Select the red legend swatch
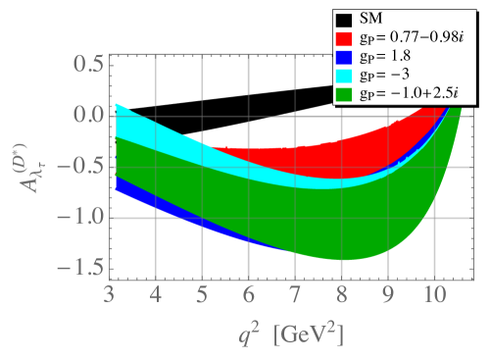[344, 37]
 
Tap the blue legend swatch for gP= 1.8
[344, 56]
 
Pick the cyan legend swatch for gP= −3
[344, 75]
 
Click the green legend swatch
[344, 94]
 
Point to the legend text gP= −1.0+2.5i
[411, 94]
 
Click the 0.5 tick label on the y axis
[87, 65]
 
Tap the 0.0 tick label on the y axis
[87, 116]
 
